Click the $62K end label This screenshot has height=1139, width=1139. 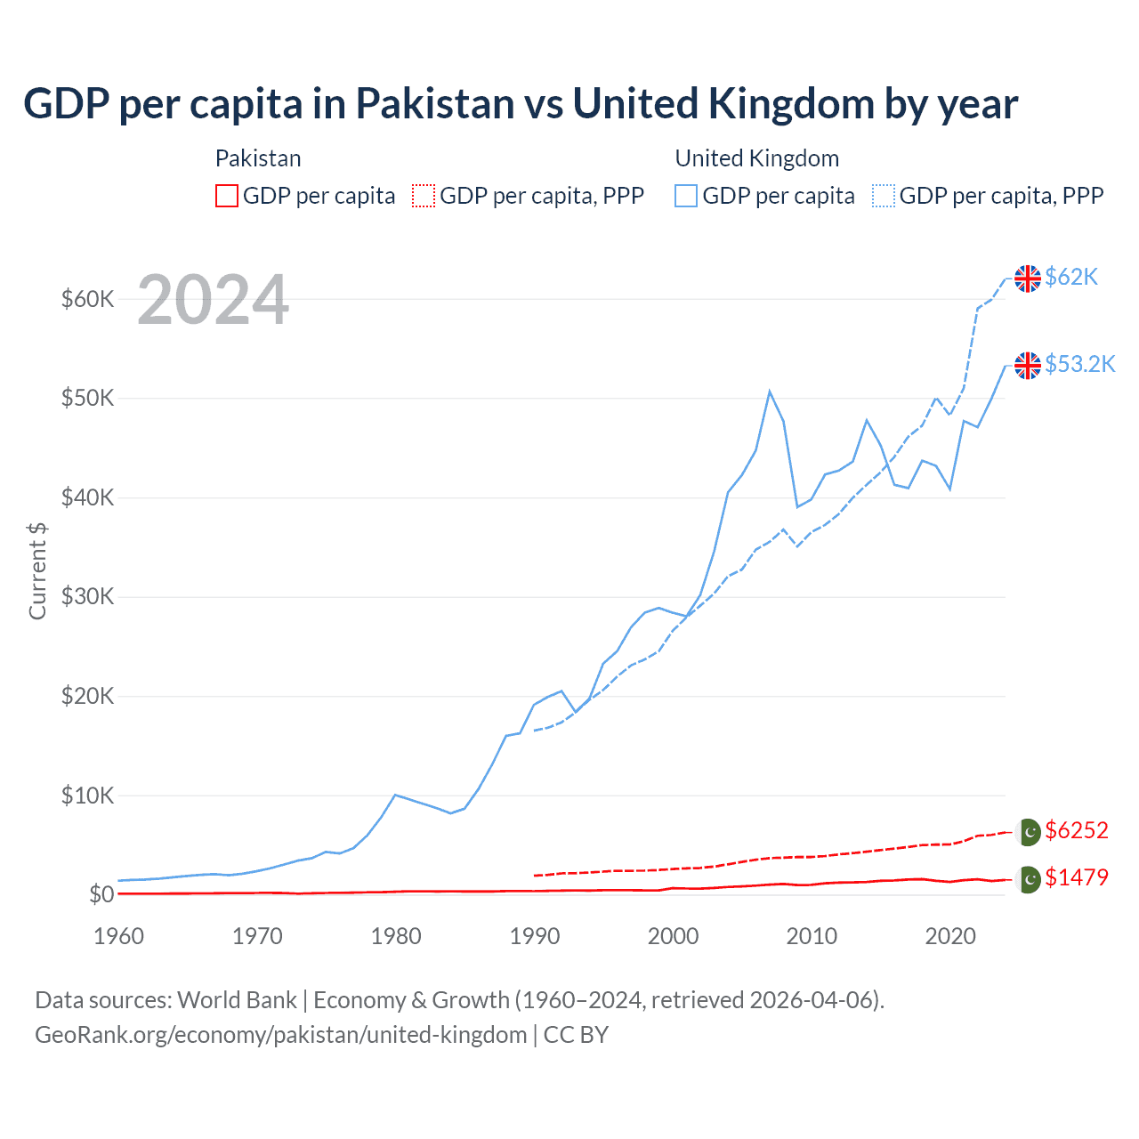click(1071, 277)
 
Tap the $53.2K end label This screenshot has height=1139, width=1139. click(1079, 364)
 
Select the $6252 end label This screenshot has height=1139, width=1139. click(1076, 830)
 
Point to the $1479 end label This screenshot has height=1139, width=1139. click(1076, 877)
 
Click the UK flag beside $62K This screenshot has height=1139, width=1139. click(1028, 279)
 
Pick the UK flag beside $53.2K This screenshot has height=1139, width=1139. click(1028, 365)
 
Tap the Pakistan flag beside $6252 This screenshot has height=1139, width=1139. click(1029, 831)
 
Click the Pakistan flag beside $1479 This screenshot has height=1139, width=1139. click(1029, 879)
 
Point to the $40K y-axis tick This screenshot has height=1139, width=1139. click(87, 497)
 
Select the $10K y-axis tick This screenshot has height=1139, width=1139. click(87, 796)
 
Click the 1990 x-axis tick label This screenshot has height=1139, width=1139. click(535, 936)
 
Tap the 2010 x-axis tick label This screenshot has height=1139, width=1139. click(812, 936)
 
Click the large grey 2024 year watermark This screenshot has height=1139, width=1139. click(213, 300)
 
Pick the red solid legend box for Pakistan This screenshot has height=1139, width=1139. click(227, 196)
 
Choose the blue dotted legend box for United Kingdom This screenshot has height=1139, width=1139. click(884, 196)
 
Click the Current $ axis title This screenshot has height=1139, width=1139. click(37, 571)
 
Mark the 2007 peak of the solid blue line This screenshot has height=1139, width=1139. click(770, 392)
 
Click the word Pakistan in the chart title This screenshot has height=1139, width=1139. click(435, 104)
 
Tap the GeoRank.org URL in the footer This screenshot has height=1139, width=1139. click(280, 1035)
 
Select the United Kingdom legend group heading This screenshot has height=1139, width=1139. click(757, 158)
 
